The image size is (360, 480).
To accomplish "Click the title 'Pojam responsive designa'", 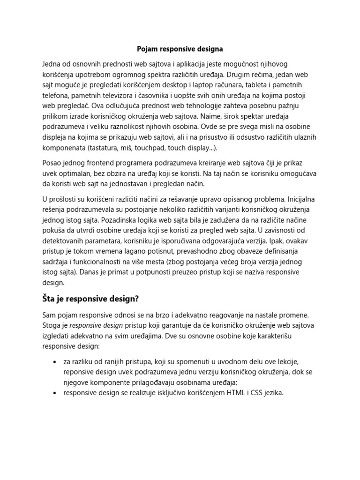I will click(180, 48).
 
